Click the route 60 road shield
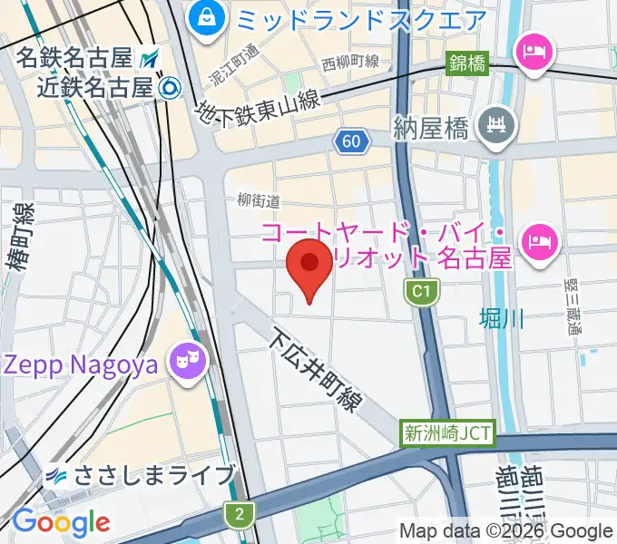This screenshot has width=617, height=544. pos(351,141)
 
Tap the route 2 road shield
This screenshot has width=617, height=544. pos(239,514)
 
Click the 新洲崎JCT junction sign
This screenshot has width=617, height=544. pos(447,433)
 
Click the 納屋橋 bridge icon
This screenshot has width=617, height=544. pos(496,124)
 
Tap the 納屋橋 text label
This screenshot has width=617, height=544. pos(431,128)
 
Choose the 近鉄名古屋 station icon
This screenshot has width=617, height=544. pos(169,88)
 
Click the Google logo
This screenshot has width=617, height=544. pos(61,522)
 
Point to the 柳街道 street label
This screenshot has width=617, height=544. pos(258,200)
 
